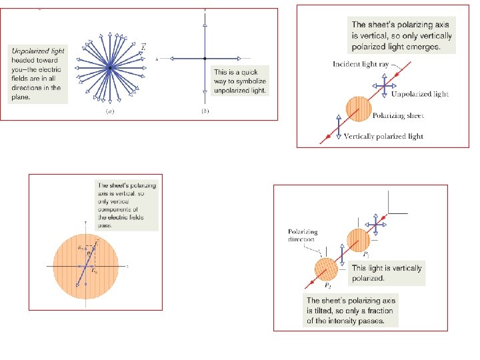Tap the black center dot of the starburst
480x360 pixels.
click(109, 67)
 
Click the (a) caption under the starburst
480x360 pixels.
click(109, 111)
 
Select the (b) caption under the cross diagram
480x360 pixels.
click(205, 111)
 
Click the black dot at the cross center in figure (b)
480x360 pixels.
click(205, 59)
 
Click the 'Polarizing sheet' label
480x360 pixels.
click(399, 116)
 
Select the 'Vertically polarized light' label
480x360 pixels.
click(383, 137)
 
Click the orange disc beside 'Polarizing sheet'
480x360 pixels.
click(359, 109)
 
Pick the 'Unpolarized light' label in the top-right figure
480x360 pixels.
click(420, 95)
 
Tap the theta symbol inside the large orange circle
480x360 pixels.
click(91, 254)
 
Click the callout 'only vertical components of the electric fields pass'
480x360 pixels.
click(127, 205)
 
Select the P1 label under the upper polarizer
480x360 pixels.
click(365, 255)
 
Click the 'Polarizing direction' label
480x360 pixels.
click(303, 235)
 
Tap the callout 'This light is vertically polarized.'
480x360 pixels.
click(387, 273)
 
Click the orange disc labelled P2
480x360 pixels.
click(327, 271)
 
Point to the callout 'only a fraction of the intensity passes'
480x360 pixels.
click(351, 311)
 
